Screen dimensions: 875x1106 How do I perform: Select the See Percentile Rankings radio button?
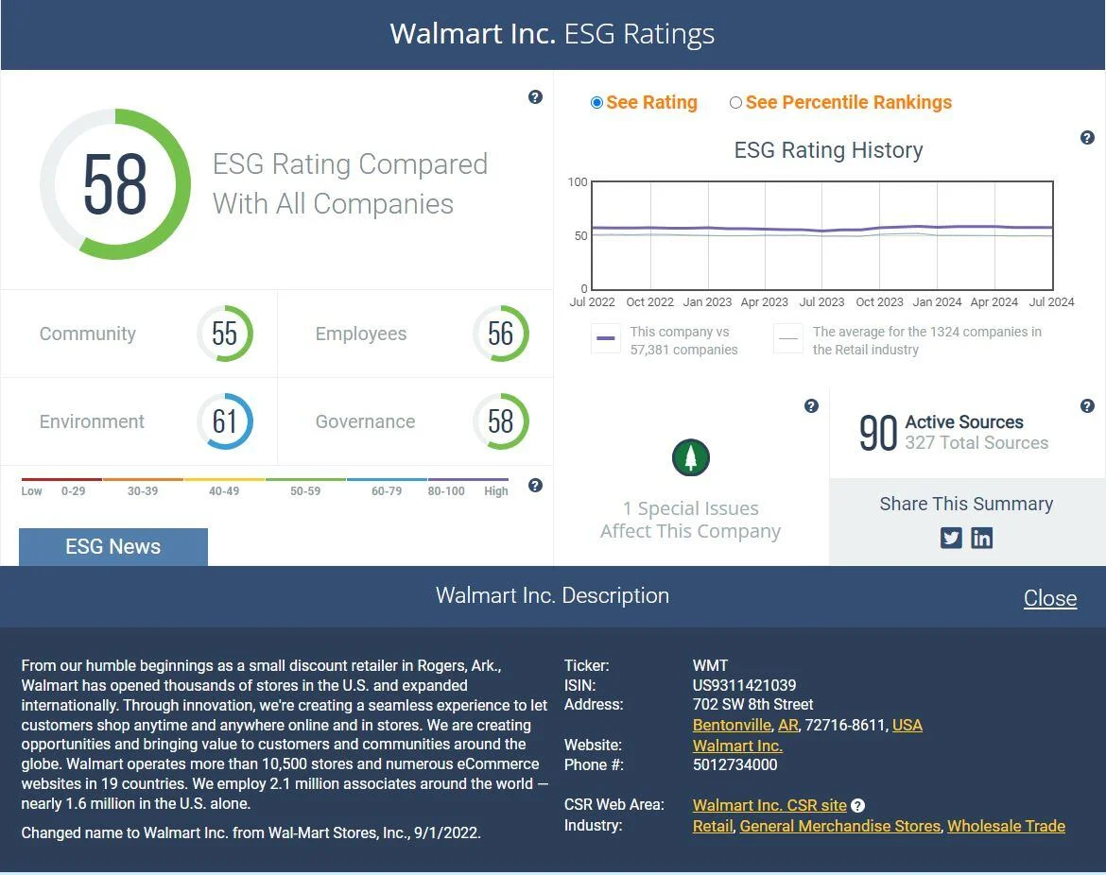735,103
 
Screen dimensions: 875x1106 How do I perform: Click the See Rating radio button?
596,103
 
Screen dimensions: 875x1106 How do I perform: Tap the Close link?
1049,598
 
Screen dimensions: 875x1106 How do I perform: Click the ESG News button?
112,546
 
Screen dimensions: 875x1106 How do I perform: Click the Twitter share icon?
951,538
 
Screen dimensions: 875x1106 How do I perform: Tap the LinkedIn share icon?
982,538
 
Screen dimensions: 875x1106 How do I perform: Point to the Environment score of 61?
225,421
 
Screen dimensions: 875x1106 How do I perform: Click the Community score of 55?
225,334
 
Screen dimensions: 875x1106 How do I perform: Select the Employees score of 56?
500,334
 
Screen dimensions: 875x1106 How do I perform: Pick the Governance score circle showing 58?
500,421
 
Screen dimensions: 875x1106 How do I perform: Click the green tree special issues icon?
691,458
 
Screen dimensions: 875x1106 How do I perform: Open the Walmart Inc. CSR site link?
769,805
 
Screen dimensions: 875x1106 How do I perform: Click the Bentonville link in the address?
732,725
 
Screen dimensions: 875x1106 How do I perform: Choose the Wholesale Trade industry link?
1006,826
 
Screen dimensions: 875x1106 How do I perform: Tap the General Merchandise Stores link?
839,826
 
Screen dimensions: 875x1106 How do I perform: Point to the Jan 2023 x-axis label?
707,302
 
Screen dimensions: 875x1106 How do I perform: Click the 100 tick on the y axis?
578,181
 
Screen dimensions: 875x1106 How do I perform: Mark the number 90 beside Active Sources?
877,433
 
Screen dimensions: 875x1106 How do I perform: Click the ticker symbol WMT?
710,665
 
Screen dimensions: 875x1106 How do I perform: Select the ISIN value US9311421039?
744,685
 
